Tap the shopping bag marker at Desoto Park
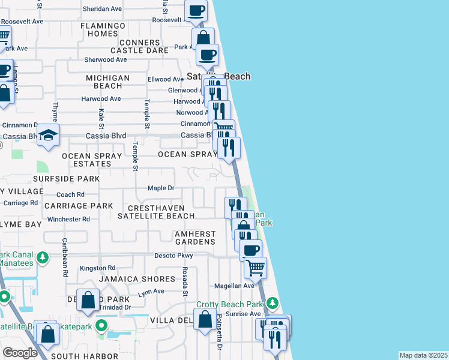click(x=88, y=300)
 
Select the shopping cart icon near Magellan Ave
click(x=255, y=267)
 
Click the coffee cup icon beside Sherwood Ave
click(x=207, y=55)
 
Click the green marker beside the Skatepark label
click(x=101, y=326)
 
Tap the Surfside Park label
click(x=67, y=179)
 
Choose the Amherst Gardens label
click(x=194, y=237)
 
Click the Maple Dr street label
click(x=161, y=188)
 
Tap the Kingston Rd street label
click(x=97, y=268)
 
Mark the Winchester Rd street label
click(x=68, y=219)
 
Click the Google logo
click(x=20, y=352)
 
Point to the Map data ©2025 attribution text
click(x=423, y=355)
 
